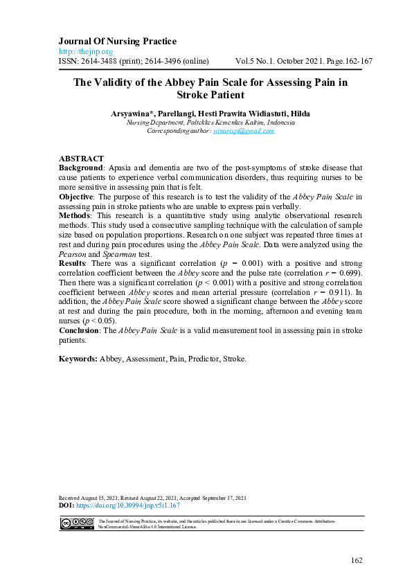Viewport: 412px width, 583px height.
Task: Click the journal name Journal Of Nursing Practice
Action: tap(117, 42)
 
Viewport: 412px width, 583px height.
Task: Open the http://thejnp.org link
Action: tap(85, 52)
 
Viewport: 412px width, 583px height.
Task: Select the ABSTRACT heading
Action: tap(81, 159)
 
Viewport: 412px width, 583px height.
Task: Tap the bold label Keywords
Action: tap(78, 359)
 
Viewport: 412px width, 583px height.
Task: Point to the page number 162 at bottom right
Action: tap(356, 560)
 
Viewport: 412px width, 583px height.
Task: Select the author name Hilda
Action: tap(300, 114)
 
